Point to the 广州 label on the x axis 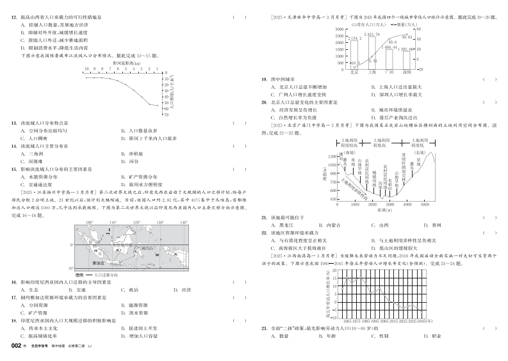pyautogui.click(x=391, y=72)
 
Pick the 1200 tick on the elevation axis pyautogui.click(x=334, y=156)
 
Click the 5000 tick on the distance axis pyautogui.click(x=425, y=204)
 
